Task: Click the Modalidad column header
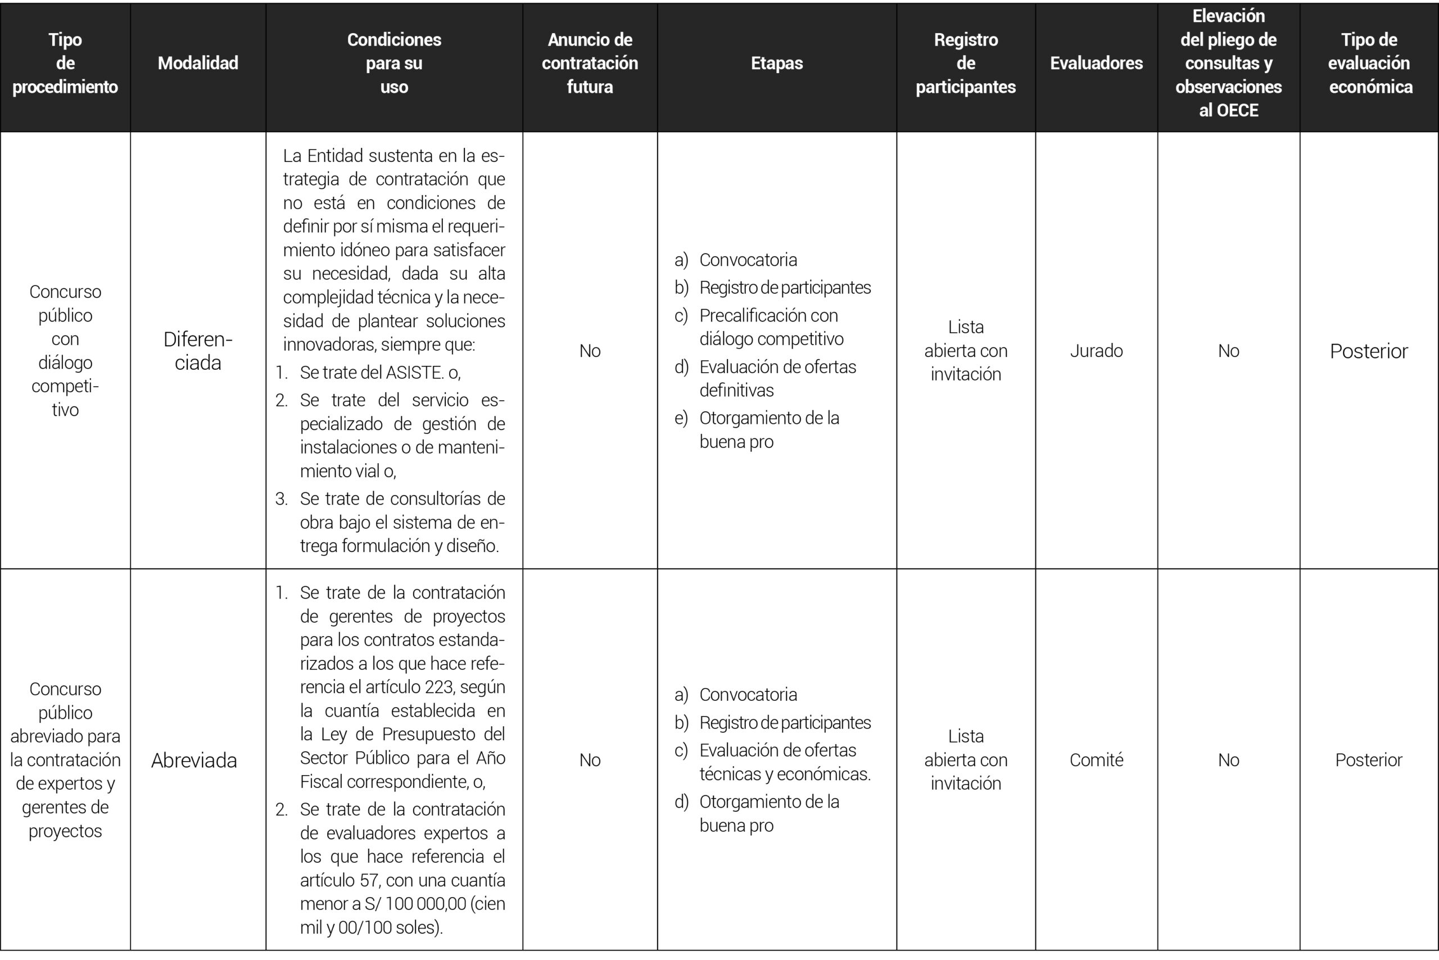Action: [x=198, y=63]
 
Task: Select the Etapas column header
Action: [x=776, y=63]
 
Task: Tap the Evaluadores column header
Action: [x=1096, y=63]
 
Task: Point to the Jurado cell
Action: [x=1096, y=351]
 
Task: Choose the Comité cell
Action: [x=1096, y=760]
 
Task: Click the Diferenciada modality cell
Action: [x=198, y=351]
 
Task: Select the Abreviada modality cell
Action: [x=194, y=760]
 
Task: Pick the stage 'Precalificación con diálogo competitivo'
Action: [x=771, y=327]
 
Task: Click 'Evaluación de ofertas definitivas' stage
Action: [x=777, y=378]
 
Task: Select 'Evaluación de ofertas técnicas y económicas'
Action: [x=784, y=762]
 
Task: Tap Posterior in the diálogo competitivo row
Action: [x=1369, y=351]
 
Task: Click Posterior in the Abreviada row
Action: [x=1369, y=760]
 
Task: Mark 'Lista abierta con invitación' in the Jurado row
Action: [x=966, y=351]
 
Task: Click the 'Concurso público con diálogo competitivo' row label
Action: [x=65, y=351]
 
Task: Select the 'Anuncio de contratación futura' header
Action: [x=590, y=63]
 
